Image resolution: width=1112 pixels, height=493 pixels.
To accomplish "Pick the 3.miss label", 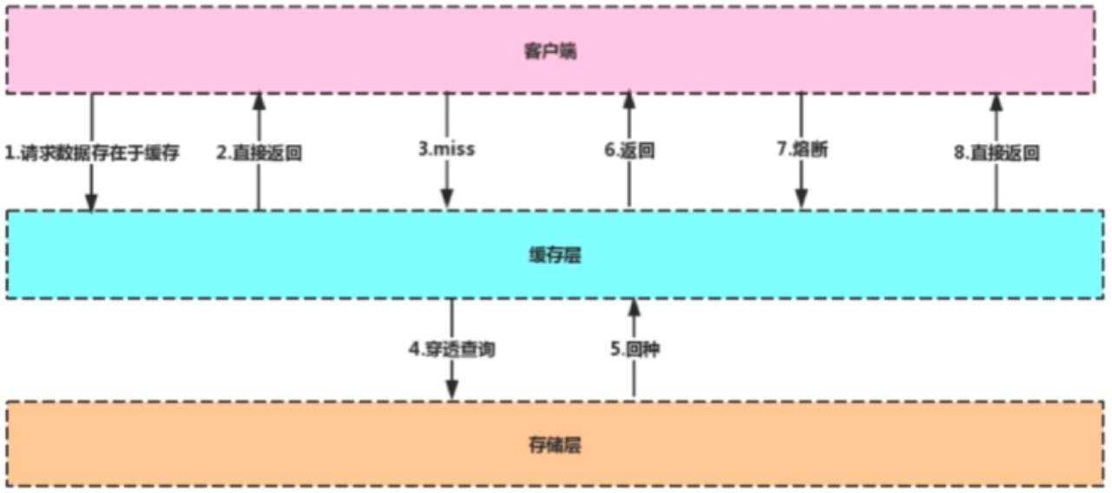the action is [x=447, y=149].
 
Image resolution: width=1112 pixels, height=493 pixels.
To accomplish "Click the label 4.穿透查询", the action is [x=452, y=350].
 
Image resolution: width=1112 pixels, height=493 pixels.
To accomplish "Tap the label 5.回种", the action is [x=634, y=350].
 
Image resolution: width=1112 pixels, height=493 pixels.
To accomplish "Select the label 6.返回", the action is [x=629, y=150].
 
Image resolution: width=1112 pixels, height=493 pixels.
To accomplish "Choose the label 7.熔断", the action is [x=801, y=149].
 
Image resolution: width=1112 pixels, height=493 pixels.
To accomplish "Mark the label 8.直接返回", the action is [x=997, y=153].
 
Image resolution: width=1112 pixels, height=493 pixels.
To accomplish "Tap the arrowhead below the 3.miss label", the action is [x=447, y=199].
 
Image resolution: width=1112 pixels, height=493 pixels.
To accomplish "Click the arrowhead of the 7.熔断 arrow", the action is [x=801, y=200].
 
